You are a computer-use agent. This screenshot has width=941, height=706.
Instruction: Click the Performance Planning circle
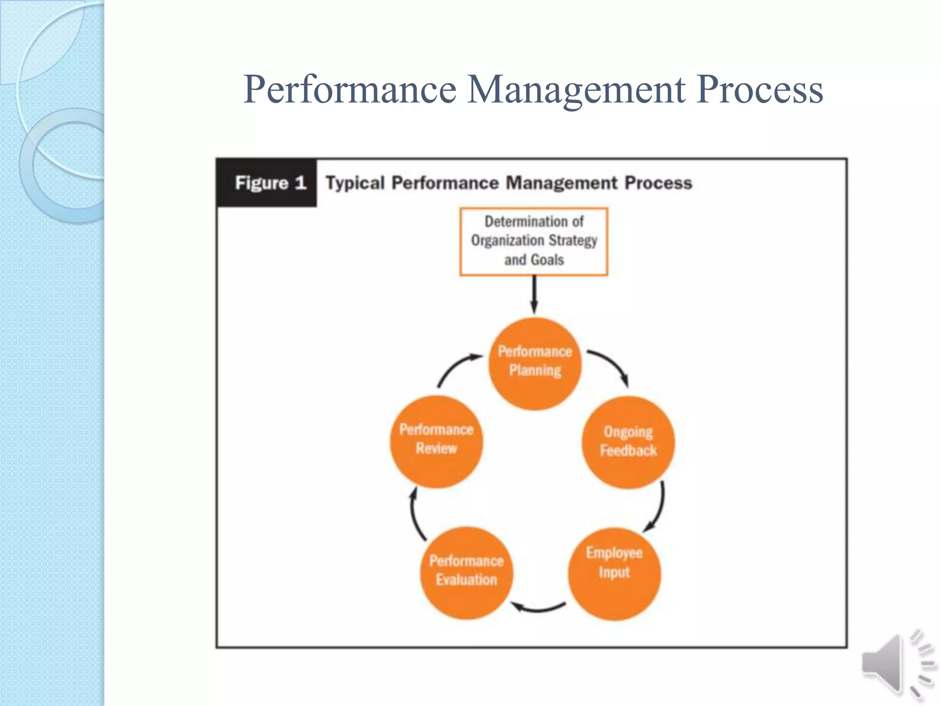pos(535,363)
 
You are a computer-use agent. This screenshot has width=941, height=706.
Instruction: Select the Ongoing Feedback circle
pos(628,442)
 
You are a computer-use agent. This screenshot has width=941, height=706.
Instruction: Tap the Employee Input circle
pos(614,574)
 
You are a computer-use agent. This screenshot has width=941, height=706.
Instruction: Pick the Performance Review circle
pos(436,441)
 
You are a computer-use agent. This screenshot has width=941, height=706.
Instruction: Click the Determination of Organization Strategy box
pos(534,241)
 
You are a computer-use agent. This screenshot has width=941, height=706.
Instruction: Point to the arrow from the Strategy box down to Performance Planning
pos(534,295)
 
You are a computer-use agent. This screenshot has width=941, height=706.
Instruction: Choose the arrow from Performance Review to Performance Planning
pos(458,368)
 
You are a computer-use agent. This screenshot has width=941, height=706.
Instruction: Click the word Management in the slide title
pos(576,90)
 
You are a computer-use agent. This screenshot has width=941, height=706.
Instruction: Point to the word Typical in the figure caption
pos(355,183)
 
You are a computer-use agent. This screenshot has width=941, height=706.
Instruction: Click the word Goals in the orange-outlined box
pos(547,260)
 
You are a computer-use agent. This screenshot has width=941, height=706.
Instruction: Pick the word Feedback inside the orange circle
pos(628,451)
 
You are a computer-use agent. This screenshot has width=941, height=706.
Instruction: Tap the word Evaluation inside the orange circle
pos(466,580)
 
